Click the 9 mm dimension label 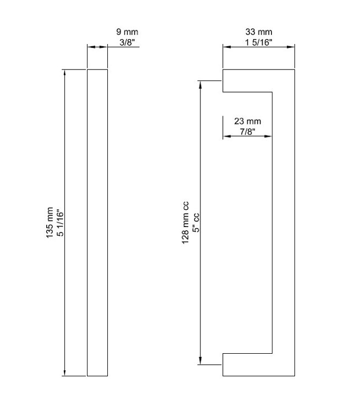[x=127, y=32]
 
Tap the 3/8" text [x=127, y=42]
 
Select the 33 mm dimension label [x=259, y=32]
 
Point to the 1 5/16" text [x=259, y=42]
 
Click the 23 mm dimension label [x=248, y=121]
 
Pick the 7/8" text [x=248, y=131]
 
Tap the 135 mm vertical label [x=50, y=223]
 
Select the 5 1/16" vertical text [x=60, y=223]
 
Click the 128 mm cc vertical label [x=185, y=223]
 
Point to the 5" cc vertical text [x=195, y=223]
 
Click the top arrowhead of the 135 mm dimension [x=65, y=73]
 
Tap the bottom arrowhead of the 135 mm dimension [x=65, y=372]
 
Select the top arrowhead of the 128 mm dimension [x=200, y=85]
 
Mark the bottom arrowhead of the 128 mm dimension [x=200, y=361]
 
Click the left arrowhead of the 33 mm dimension [x=227, y=47]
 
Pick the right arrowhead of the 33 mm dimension [x=291, y=47]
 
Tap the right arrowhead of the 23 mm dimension [x=268, y=136]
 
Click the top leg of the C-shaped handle [x=248, y=81]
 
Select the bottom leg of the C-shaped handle [x=248, y=365]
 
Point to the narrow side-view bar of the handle [x=97, y=223]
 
